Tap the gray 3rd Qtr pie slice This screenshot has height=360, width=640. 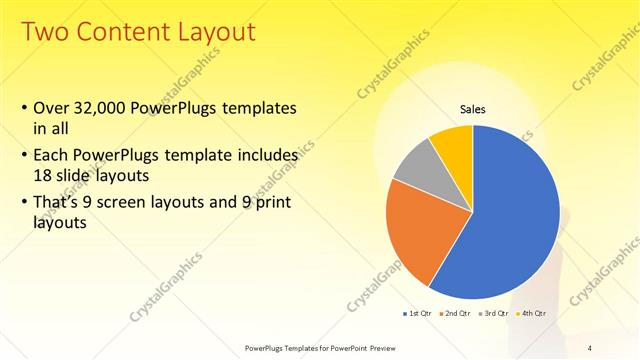pos(416,165)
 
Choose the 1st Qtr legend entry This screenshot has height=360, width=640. pos(416,313)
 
